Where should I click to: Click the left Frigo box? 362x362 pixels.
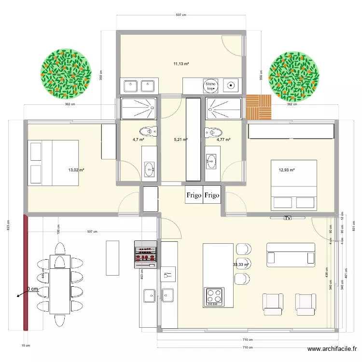(x=194, y=195)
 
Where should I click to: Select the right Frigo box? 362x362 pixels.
(x=212, y=195)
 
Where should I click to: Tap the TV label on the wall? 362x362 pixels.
(x=288, y=218)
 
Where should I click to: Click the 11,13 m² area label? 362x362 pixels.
(x=181, y=64)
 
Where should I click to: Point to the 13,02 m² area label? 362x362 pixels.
(x=76, y=170)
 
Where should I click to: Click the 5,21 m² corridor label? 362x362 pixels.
(x=181, y=140)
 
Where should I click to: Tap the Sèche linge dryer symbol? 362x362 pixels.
(x=210, y=86)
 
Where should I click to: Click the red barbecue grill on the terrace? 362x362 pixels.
(x=145, y=254)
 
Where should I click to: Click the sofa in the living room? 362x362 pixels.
(x=291, y=254)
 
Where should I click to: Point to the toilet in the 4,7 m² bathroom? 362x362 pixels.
(x=147, y=131)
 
